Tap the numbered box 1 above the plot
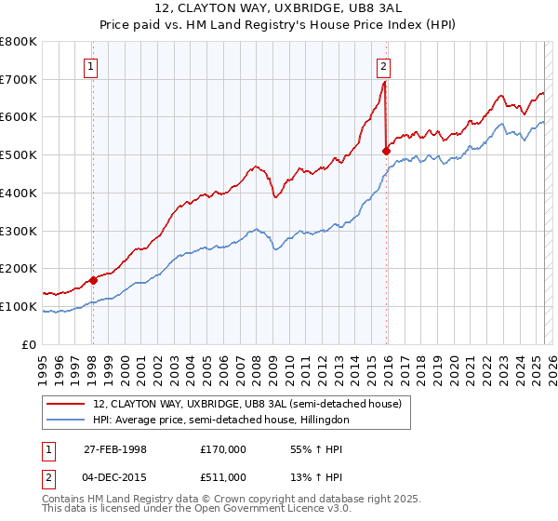tap(92, 65)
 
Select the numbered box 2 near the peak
tap(383, 65)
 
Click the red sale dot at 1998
tap(93, 280)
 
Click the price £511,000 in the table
tap(223, 477)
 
